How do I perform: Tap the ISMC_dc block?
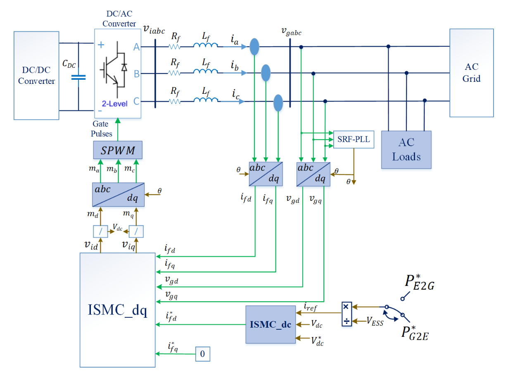tap(271, 324)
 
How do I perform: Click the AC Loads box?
tap(406, 150)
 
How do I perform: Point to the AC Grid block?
tap(471, 73)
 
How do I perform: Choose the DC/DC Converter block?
tap(36, 76)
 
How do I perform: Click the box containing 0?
tap(202, 354)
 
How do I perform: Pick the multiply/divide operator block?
tap(346, 314)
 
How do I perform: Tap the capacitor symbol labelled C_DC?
tap(78, 77)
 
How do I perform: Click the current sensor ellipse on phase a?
tap(254, 46)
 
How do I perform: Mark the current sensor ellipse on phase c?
tap(279, 102)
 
